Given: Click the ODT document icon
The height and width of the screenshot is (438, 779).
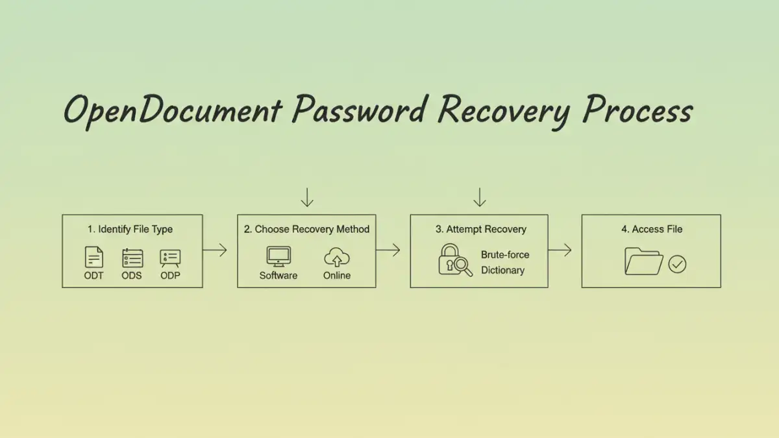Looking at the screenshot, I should pos(94,258).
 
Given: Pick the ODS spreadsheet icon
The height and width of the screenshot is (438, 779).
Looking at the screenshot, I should pos(132,258).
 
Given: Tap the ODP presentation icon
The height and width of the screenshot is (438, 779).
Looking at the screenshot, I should pos(170,258).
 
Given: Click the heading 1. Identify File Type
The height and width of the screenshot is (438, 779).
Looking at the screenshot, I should pos(130,229).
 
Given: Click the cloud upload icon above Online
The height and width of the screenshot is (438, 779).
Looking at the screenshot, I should pos(336,258).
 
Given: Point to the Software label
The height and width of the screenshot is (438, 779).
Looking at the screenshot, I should pos(278,276).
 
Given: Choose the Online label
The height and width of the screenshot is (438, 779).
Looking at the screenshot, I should pos(336,276).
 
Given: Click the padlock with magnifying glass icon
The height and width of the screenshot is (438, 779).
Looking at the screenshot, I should pos(454,261).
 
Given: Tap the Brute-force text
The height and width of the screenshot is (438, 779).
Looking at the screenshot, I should pos(505,254).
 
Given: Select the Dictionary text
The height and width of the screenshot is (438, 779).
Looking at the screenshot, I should pos(502,271).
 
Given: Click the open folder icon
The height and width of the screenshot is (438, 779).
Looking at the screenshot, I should pos(643,262).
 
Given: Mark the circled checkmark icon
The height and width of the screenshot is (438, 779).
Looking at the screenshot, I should pos(677,264).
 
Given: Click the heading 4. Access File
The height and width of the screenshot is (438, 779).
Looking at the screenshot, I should pos(651,229).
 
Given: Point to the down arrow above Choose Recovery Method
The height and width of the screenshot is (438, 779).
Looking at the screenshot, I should pos(307,197).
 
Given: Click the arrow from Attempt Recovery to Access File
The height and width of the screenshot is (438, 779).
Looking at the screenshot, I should pos(560,250).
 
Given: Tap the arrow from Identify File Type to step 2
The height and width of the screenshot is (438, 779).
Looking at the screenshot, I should pos(216,250).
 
